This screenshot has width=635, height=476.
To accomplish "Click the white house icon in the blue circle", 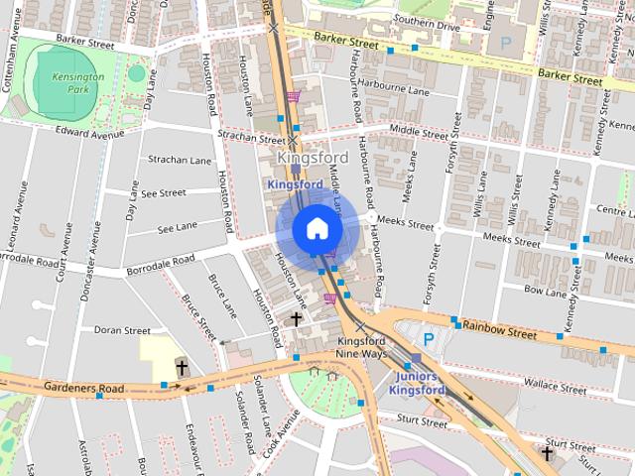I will point(317,228).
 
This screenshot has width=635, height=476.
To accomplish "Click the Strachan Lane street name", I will point(180,160).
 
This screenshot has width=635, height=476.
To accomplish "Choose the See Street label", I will point(165,193).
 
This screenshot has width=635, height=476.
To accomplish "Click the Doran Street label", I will point(122,330).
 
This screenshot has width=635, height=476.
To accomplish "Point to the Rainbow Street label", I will point(498,326).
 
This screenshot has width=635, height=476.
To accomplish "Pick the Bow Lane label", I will point(545,292).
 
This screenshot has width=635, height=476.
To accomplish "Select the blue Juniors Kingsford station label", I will point(418,384).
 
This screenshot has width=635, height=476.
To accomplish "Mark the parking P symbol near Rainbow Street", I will point(429,339).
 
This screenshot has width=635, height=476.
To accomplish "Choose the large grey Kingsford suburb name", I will point(312,159).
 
